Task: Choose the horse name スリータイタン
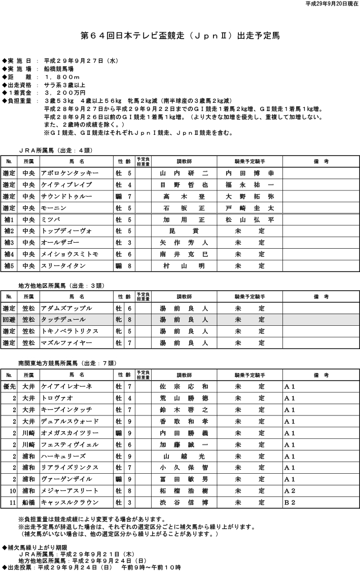[x=63, y=265]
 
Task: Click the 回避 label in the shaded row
[x=9, y=320]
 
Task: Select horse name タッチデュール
[x=64, y=320]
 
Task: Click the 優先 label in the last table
[x=9, y=387]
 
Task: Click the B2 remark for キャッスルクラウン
[x=290, y=503]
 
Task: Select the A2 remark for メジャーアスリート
[x=290, y=491]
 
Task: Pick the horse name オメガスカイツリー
[x=67, y=433]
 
